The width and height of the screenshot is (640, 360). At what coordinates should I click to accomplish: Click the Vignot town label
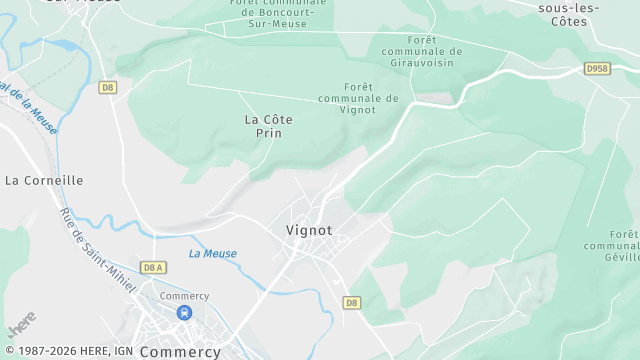click(x=308, y=230)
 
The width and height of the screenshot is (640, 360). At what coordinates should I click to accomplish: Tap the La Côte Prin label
click(x=269, y=125)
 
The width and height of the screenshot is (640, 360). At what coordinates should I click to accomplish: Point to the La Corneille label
click(x=44, y=180)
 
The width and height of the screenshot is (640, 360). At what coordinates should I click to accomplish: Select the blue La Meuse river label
click(x=213, y=253)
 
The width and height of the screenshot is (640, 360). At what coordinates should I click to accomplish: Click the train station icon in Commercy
click(x=183, y=313)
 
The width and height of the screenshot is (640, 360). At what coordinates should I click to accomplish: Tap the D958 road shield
click(x=597, y=69)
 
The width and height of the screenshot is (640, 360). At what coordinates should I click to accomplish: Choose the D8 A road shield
click(x=153, y=267)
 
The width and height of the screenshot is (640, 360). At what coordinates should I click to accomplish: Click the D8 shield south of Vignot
click(x=351, y=302)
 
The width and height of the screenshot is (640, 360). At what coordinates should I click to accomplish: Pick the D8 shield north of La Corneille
click(x=108, y=88)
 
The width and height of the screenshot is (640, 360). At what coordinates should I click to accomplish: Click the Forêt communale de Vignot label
click(x=357, y=98)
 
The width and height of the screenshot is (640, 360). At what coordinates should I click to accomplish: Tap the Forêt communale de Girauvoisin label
click(x=422, y=51)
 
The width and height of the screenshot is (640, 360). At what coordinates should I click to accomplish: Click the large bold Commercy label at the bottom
click(x=181, y=352)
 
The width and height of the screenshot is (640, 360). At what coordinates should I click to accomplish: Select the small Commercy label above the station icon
click(x=184, y=296)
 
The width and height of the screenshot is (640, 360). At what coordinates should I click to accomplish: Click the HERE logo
click(x=21, y=325)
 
